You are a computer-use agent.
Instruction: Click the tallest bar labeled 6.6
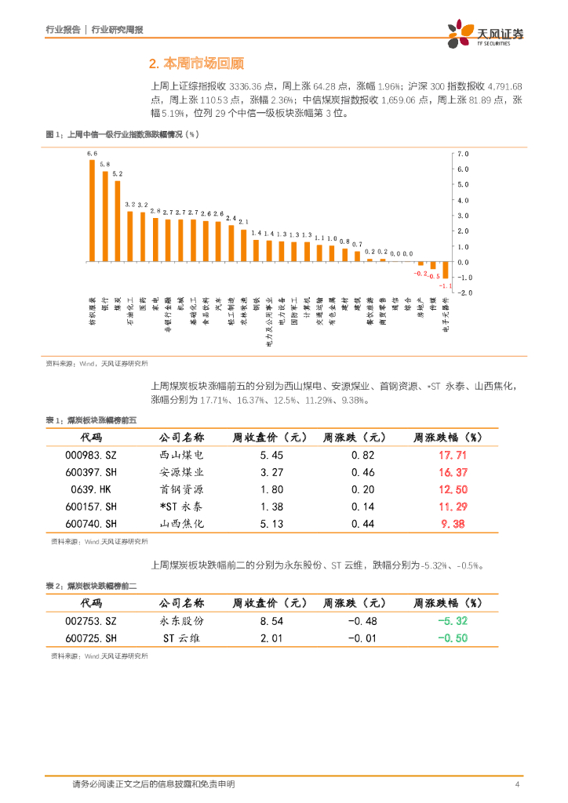click(x=92, y=210)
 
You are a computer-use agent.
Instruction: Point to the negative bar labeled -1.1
click(x=446, y=270)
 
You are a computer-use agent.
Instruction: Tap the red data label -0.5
click(x=433, y=277)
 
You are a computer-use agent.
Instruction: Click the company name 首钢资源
click(x=181, y=489)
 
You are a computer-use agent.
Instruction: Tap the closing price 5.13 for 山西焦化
click(x=271, y=524)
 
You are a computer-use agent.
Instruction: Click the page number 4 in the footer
click(x=517, y=784)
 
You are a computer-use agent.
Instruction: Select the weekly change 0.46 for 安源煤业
click(x=363, y=472)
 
